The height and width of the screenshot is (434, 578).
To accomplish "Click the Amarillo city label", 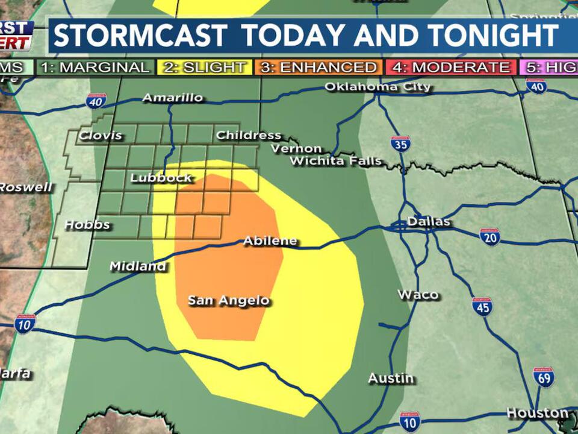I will coord(173,98).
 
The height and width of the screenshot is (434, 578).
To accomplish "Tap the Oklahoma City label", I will coord(378,87).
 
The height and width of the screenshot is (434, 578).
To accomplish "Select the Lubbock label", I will coord(161,178).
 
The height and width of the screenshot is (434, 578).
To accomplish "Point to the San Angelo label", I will coord(228,301).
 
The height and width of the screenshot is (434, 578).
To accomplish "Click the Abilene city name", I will coord(270,241).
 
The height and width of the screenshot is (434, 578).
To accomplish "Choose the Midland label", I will coord(138,266).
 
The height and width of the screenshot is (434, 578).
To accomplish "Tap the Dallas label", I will coord(429,222).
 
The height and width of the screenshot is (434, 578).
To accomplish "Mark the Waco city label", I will coord(418,295).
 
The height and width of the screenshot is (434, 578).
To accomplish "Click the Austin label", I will coord(391,379).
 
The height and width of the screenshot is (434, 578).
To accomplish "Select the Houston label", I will coord(537,414).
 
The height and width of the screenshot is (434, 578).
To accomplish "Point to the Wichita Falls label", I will coord(335,161).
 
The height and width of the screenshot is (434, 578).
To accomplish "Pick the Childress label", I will coord(248,135).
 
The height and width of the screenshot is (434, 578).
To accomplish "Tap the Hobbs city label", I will coord(87,225).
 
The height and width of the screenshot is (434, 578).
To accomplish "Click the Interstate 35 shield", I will coord(400,144).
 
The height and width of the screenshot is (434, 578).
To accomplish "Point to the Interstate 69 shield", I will coord(543,377).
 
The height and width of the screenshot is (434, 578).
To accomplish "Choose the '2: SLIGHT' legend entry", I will coord(204,67).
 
